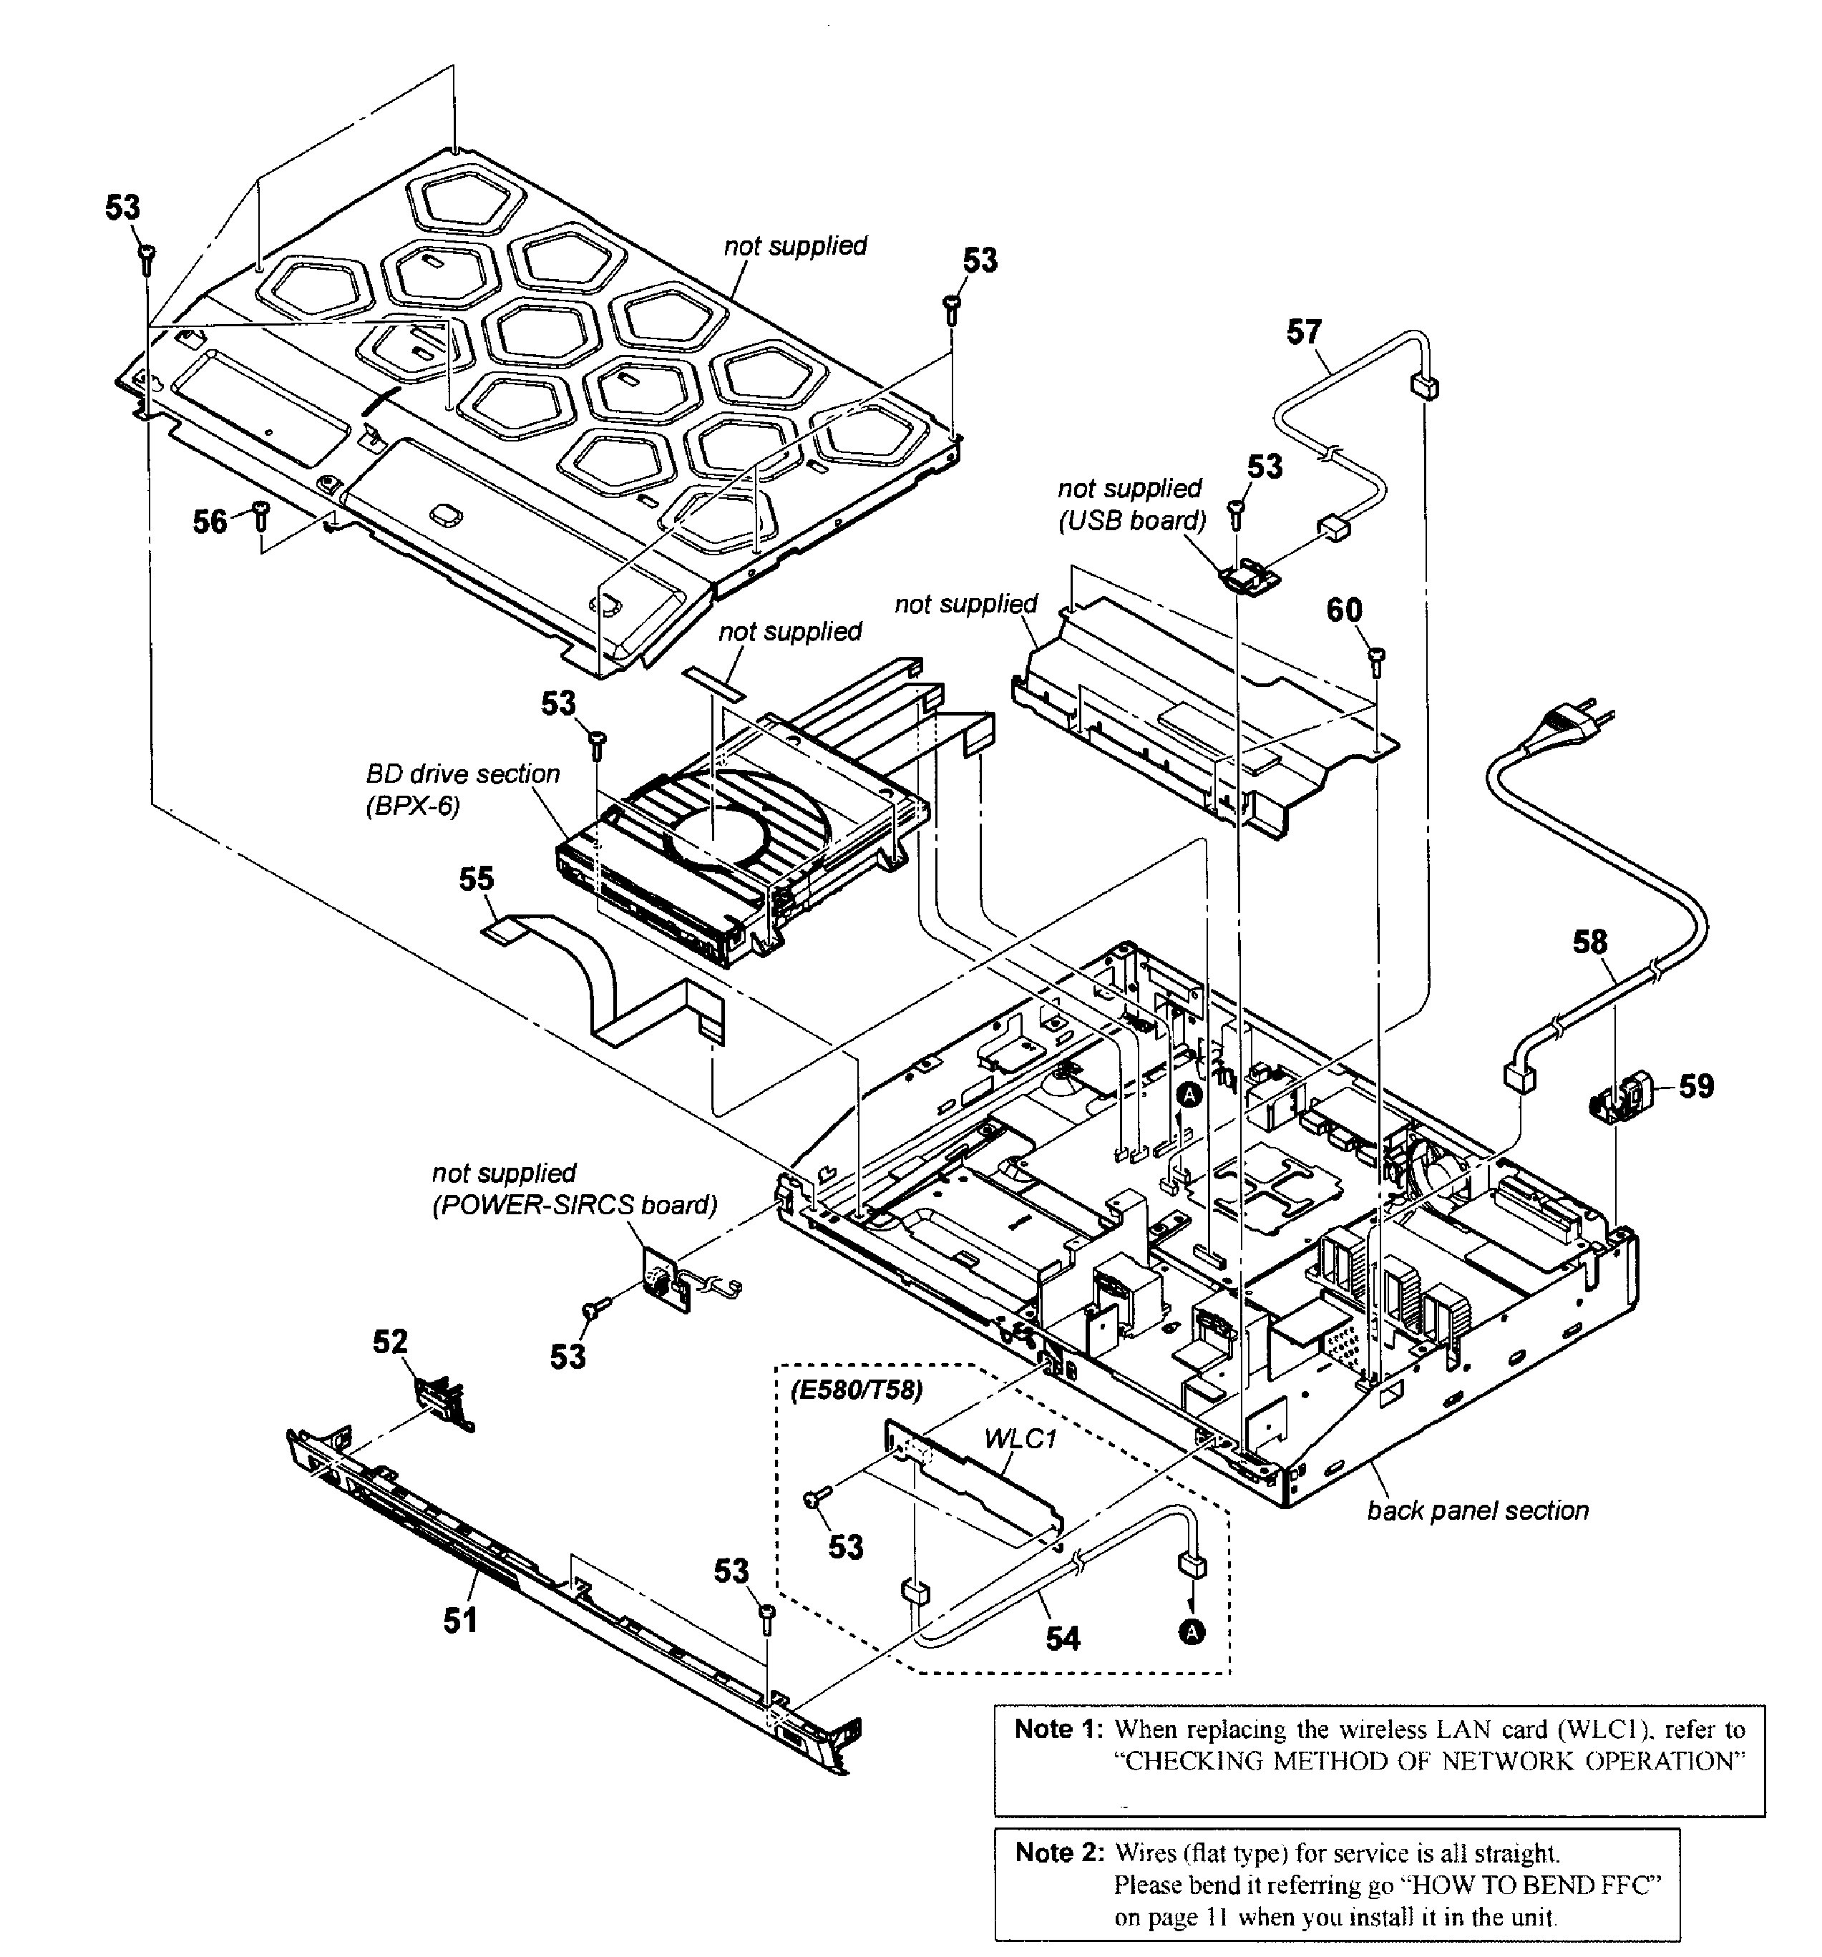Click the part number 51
tap(459, 1619)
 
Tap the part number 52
tap(390, 1341)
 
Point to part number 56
tap(210, 521)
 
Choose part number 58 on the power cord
tap(1589, 942)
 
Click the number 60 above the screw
tap(1345, 610)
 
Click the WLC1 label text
tap(1020, 1439)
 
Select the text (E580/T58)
tap(857, 1390)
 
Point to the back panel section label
tap(1476, 1510)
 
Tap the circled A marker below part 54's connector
tap(1191, 1632)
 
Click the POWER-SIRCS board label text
tap(574, 1205)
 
